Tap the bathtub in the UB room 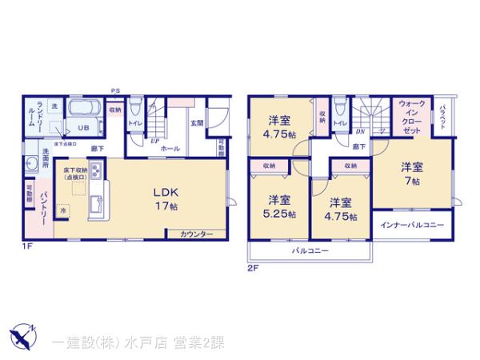tap(83, 109)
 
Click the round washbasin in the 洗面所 tap(31, 164)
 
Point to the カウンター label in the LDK tap(196, 234)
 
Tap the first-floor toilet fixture tap(135, 109)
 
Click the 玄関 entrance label tap(197, 123)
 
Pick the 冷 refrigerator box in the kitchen tap(64, 210)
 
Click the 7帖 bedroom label tap(412, 174)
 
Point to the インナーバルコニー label tap(411, 225)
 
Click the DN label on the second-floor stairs tap(360, 131)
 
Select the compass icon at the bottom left tap(22, 332)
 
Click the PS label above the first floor tap(115, 91)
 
